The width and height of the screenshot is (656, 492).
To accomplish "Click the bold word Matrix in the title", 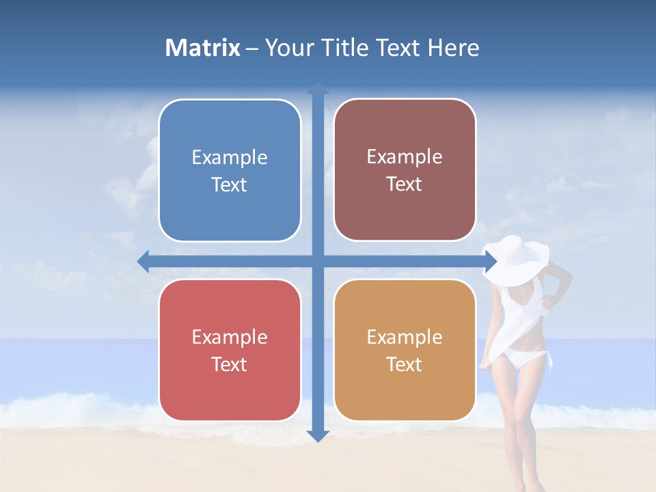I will (x=203, y=48).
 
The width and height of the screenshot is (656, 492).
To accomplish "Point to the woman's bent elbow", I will (x=566, y=279).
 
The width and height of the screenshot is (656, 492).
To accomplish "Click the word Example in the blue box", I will (x=230, y=158).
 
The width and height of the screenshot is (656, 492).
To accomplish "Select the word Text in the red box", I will (x=230, y=364).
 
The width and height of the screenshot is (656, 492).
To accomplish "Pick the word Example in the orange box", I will (x=405, y=337).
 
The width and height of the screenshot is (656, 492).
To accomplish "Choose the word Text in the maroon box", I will (x=405, y=184).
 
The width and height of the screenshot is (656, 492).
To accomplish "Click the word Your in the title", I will (x=288, y=48).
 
